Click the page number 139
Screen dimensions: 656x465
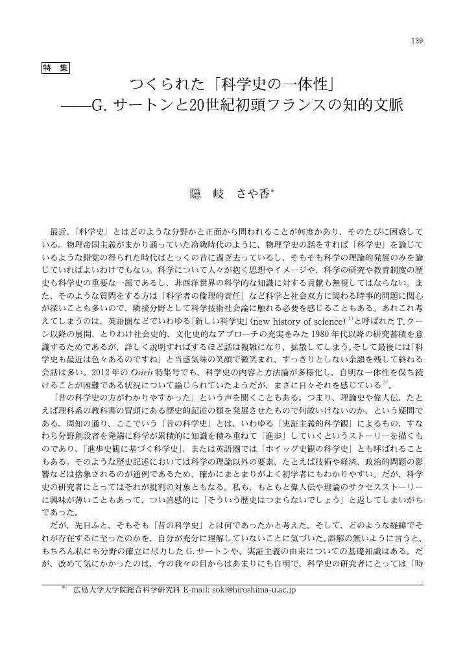click(x=417, y=41)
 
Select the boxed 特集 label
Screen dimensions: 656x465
click(x=55, y=67)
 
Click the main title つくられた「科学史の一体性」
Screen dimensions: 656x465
click(x=232, y=85)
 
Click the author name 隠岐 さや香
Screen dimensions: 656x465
click(x=228, y=193)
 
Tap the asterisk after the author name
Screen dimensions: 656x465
click(x=273, y=190)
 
